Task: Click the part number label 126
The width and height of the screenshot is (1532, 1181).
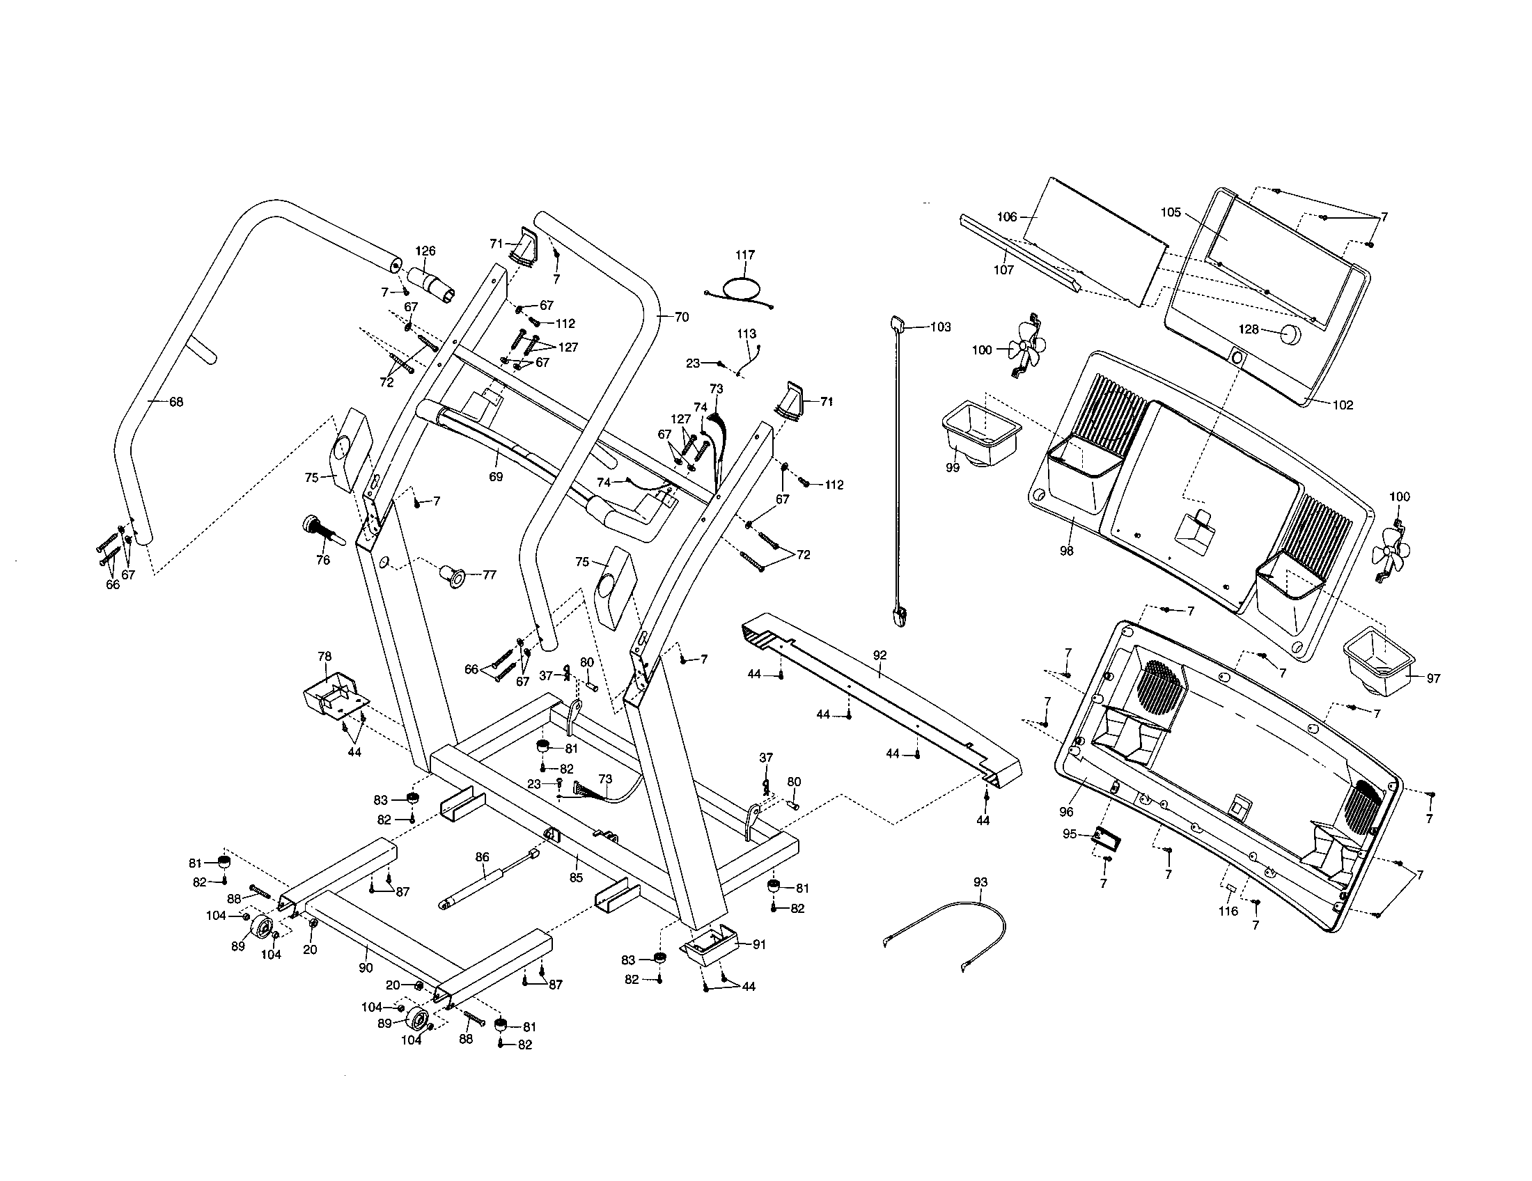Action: [425, 251]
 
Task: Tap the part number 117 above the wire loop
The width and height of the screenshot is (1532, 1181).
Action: [745, 256]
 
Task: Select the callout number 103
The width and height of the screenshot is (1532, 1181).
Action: [940, 327]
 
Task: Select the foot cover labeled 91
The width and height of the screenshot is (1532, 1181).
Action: [710, 944]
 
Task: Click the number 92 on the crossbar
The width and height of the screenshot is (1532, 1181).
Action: [880, 655]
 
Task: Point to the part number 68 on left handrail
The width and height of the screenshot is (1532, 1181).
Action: [176, 402]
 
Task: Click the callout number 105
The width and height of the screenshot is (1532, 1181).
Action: [1171, 213]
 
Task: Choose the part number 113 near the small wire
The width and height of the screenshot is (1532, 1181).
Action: [747, 334]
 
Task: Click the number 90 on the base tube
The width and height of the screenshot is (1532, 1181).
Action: [365, 969]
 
